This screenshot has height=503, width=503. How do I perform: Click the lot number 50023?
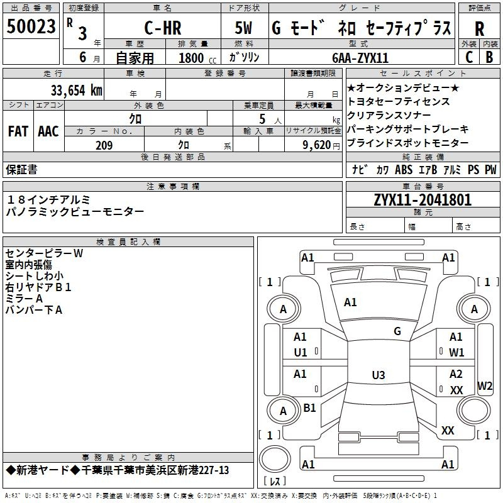(x=31, y=26)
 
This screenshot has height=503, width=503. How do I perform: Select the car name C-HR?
(x=163, y=28)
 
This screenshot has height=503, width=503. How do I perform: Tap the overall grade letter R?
(x=479, y=29)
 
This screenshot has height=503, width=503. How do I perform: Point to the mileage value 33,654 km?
(x=77, y=90)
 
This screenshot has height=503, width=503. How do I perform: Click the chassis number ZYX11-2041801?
(x=423, y=200)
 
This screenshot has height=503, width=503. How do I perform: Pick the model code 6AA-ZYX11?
(x=360, y=58)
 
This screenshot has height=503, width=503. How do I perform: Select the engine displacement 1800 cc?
(x=197, y=58)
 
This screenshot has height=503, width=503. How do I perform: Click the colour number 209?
(x=104, y=145)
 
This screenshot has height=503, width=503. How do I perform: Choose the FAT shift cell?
(x=18, y=131)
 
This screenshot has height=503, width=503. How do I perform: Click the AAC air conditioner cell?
(x=48, y=131)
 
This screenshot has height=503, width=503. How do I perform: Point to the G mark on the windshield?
(x=397, y=331)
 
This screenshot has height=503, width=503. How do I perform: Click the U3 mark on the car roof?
(x=379, y=375)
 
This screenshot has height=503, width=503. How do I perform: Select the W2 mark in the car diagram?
(x=485, y=385)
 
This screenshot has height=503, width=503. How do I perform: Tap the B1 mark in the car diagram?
(x=309, y=407)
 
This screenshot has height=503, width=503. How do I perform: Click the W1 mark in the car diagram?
(x=456, y=353)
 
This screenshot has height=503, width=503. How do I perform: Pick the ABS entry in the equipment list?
(x=404, y=169)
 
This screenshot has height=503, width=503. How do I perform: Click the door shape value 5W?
(x=243, y=28)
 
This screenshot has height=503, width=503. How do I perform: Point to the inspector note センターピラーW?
(x=44, y=253)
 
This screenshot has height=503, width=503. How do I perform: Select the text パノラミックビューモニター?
(x=75, y=211)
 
